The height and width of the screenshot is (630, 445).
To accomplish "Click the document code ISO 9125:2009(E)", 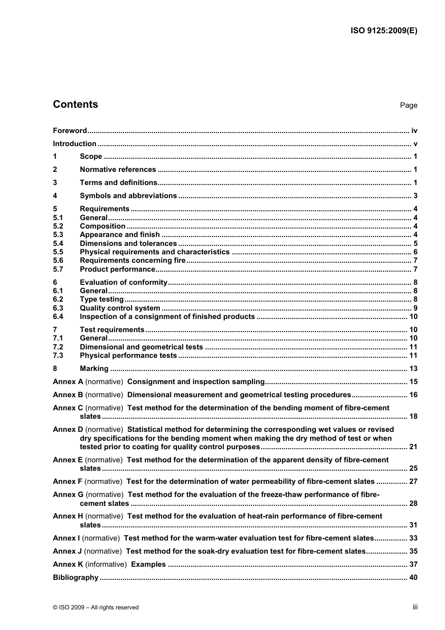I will (384, 31).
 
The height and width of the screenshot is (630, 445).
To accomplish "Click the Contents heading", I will (75, 104).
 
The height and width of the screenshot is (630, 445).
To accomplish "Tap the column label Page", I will (408, 105).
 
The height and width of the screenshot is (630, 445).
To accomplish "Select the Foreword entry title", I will (70, 131).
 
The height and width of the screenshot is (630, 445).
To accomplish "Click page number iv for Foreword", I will (414, 131).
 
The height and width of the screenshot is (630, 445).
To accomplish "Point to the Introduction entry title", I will (74, 144).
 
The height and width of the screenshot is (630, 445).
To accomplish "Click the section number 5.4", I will (58, 244).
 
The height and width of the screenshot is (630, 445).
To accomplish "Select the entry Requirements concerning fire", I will (133, 260).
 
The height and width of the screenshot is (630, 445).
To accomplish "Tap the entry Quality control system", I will (120, 308).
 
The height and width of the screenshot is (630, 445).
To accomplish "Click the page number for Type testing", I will (415, 299).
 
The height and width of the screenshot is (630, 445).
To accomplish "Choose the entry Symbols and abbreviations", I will (128, 196).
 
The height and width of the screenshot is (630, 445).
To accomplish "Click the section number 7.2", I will (58, 347).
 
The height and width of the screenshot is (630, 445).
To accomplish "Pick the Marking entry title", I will (94, 369).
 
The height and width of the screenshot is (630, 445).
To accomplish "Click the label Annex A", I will (68, 382).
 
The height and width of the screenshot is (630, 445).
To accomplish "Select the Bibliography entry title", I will (76, 578).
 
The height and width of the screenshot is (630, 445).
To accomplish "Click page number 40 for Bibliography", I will (413, 578).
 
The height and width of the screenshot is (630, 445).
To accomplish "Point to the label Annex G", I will (68, 495).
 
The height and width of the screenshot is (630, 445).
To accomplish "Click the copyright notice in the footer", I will (96, 608).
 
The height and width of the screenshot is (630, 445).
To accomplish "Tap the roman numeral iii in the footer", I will (415, 607).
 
